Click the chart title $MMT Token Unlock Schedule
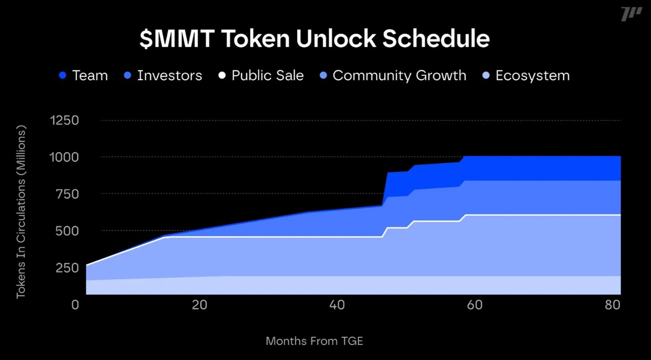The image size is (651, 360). tap(315, 40)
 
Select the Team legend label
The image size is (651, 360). tap(90, 75)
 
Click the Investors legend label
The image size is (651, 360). tap(169, 75)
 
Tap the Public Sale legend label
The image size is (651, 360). tap(267, 75)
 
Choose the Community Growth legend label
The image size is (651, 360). tap(399, 75)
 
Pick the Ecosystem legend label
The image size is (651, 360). tap(533, 75)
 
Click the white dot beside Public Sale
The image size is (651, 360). tap(221, 76)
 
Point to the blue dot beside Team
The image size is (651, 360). tap(62, 76)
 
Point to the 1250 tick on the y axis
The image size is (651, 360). tap(65, 120)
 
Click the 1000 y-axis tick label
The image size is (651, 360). tap(65, 157)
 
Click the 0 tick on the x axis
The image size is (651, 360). tap(75, 305)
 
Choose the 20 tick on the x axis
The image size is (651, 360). tap(200, 305)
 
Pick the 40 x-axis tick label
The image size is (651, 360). tap(337, 305)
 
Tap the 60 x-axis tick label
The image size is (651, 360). tap(475, 305)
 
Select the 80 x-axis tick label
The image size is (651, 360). tap(613, 305)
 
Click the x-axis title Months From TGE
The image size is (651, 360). tap(314, 342)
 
